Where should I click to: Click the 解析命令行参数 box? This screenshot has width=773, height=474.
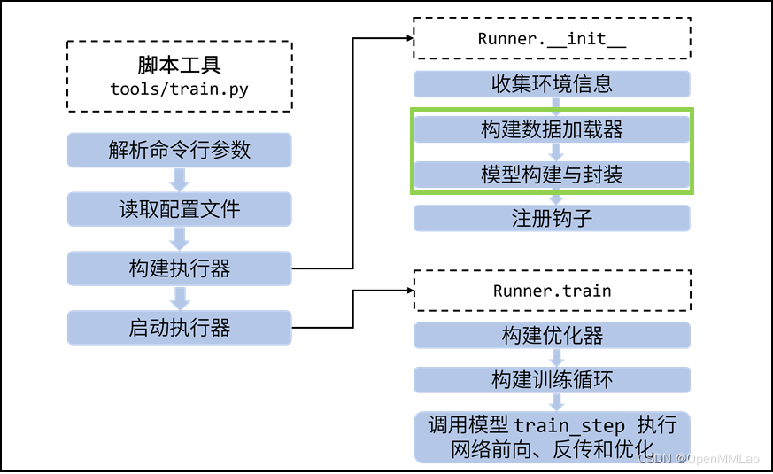point(180,150)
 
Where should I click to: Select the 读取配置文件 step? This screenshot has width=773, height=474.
point(180,209)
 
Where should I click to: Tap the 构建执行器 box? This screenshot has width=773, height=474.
point(180,268)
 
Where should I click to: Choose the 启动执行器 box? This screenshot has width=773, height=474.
point(180,328)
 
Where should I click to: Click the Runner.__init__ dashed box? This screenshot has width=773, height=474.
point(552,39)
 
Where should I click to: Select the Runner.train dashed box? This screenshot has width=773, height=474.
point(552,291)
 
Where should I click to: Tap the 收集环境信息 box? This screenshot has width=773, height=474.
point(552,84)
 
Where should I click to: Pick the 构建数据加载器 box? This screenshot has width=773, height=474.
point(552,129)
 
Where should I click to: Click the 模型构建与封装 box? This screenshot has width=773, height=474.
point(552,174)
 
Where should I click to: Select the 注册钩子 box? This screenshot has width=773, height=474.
point(552,218)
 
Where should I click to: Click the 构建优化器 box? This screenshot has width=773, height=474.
point(552,335)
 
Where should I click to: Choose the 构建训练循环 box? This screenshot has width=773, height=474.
point(552,380)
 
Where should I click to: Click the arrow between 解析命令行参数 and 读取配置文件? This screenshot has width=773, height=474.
point(180,180)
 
